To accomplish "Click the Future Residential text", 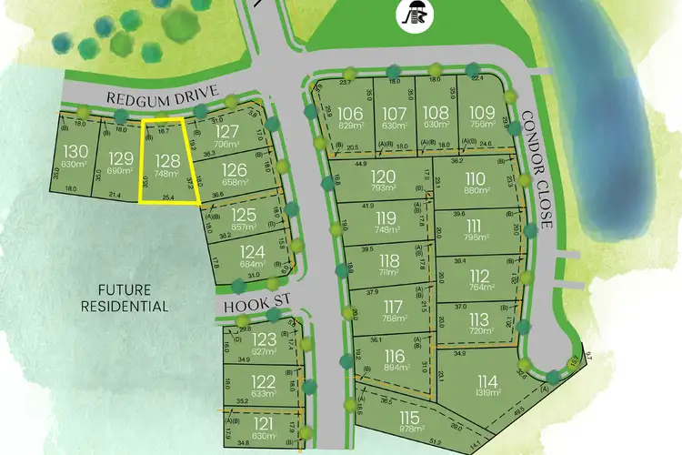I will (x=135, y=298).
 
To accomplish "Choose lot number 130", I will (x=76, y=149).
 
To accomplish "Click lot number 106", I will (x=355, y=113).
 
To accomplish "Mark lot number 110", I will (x=475, y=177).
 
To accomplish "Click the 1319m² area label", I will (x=487, y=392).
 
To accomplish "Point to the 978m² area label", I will (x=413, y=430).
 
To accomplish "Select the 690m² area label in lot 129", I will (x=120, y=171).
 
